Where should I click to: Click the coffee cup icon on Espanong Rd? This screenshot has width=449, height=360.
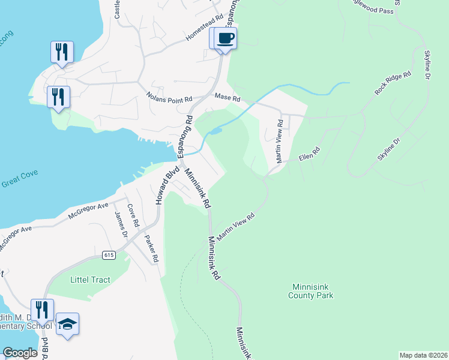[x=226, y=38]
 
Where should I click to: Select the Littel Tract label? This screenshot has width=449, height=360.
[x=88, y=280]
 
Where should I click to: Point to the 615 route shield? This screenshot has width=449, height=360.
[x=109, y=255]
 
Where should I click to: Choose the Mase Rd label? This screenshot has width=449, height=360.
[x=228, y=97]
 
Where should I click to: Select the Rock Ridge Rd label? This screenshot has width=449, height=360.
[x=393, y=83]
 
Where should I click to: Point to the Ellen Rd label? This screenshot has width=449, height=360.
[x=310, y=156]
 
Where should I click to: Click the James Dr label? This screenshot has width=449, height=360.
[x=120, y=224]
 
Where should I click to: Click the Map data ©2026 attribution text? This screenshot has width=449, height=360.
[x=423, y=355]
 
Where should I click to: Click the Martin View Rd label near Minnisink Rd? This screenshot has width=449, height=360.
[x=236, y=226]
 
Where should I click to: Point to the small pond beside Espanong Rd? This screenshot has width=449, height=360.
[x=215, y=130]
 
